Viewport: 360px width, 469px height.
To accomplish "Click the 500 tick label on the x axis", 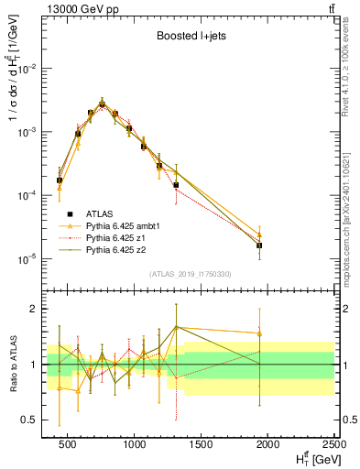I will (69, 443).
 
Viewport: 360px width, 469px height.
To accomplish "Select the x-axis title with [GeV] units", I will (311, 458).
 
